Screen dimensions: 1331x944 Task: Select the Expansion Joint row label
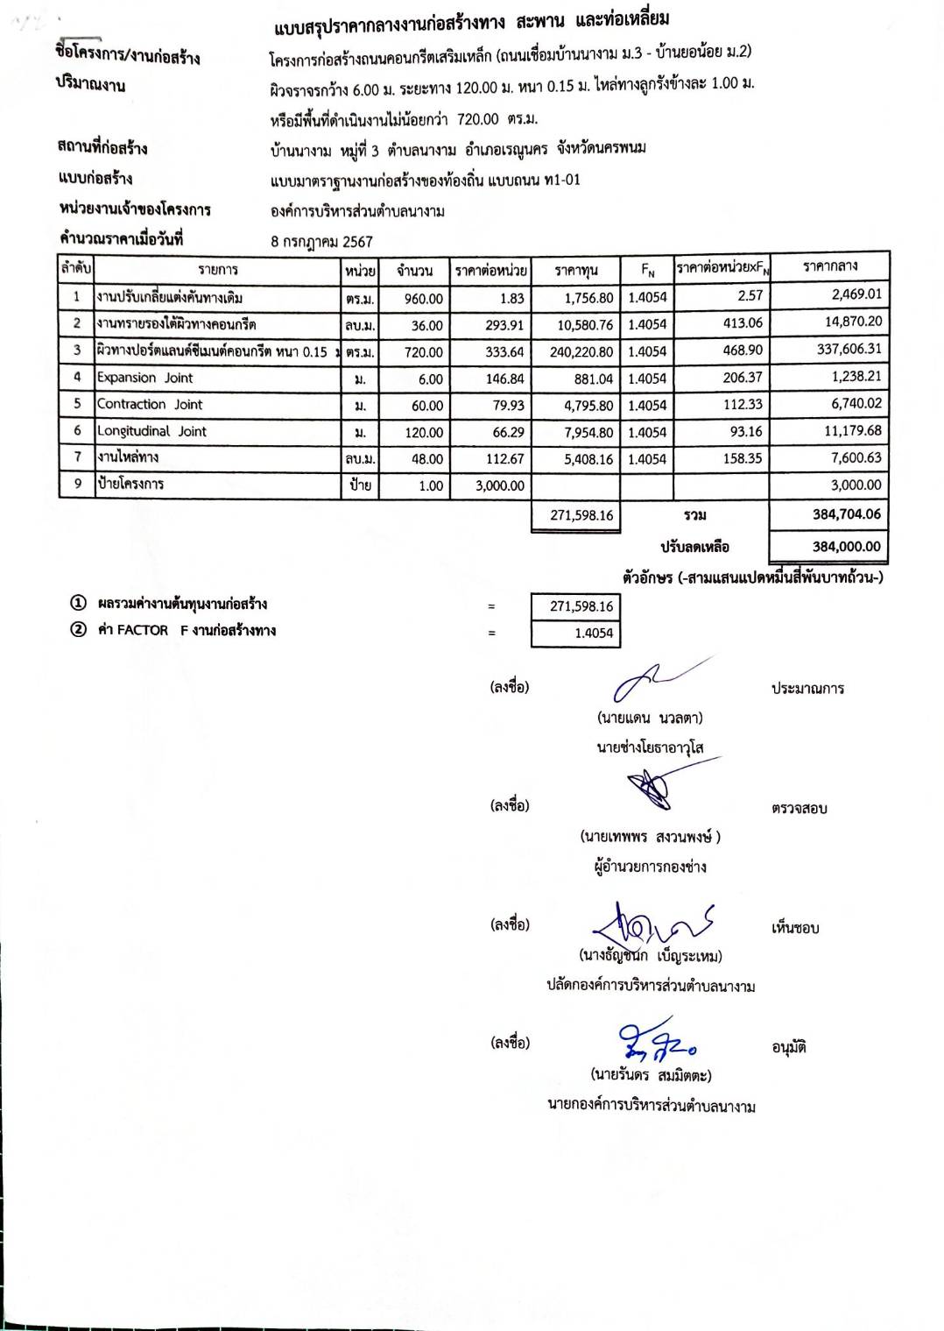(144, 378)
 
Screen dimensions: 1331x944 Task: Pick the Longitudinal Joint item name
(151, 431)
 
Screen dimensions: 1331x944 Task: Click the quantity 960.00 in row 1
(423, 299)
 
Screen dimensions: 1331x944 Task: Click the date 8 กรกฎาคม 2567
(321, 242)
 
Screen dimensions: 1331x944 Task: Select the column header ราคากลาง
(829, 265)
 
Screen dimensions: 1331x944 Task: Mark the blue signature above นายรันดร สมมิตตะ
(657, 1041)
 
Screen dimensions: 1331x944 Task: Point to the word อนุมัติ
(789, 1047)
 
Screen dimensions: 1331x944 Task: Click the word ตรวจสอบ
(799, 809)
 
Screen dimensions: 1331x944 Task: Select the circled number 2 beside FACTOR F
(79, 630)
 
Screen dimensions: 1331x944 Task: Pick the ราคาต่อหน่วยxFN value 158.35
(743, 458)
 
